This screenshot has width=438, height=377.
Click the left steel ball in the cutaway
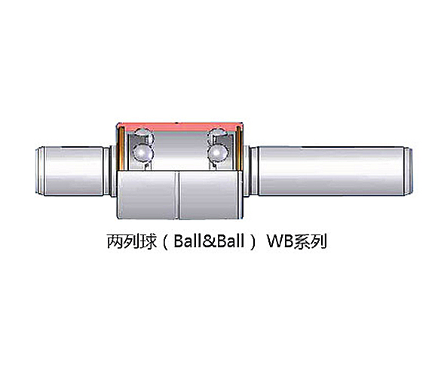142,152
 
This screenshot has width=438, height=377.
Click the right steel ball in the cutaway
218,152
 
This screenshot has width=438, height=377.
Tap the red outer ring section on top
179,127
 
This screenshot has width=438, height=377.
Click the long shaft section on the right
331,170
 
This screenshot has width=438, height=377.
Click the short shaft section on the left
74,170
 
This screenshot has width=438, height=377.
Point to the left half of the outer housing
147,195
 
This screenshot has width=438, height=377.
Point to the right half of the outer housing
210,195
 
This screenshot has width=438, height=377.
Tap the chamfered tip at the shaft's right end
409,170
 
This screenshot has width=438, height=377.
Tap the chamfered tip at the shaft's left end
40,170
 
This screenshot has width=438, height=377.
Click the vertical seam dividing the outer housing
177,195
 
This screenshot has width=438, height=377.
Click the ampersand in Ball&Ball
210,241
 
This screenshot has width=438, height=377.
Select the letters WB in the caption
280,241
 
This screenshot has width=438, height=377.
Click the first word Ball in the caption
188,241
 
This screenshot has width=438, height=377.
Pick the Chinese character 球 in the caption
148,241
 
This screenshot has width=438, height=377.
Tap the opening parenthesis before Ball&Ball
164,241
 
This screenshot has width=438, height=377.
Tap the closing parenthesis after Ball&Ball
253,241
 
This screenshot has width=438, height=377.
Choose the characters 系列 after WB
310,241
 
